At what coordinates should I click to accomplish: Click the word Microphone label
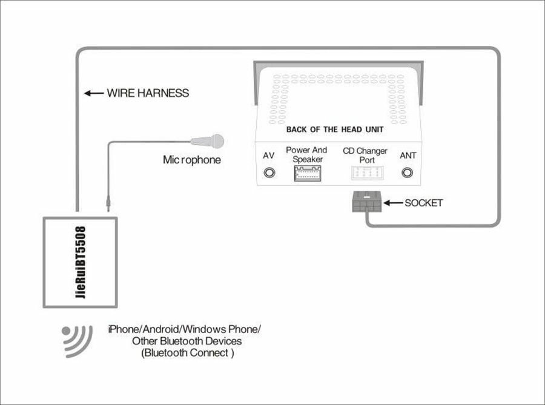[x=191, y=160]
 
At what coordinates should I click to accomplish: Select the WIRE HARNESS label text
[x=148, y=93]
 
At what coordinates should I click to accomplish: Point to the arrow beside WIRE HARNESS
[x=93, y=93]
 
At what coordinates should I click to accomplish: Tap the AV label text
[x=268, y=156]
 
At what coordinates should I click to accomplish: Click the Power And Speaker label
[x=306, y=154]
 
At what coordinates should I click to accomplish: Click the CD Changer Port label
[x=365, y=155]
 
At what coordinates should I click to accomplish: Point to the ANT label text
[x=408, y=156]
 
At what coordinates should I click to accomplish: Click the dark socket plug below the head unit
[x=365, y=203]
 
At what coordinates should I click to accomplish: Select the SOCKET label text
[x=423, y=203]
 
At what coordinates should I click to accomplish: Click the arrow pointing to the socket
[x=393, y=203]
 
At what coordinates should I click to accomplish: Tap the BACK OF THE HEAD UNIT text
[x=334, y=130]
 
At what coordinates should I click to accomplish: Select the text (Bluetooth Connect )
[x=187, y=353]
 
